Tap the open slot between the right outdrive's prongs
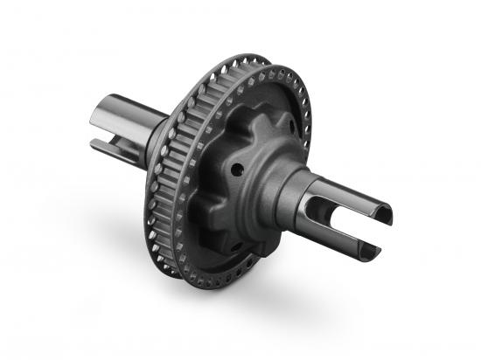coord(354,229)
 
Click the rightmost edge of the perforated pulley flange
coord(309,131)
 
